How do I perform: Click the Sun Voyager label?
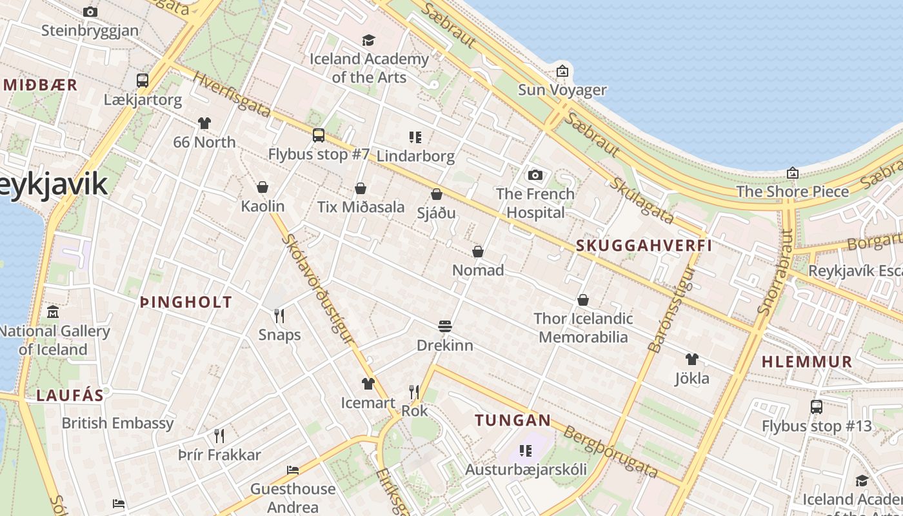(x=562, y=90)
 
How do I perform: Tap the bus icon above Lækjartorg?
(x=143, y=81)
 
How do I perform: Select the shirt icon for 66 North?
(x=204, y=123)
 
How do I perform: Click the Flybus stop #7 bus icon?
(x=319, y=135)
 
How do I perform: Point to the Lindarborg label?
(x=415, y=156)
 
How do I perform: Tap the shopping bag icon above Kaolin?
(x=263, y=187)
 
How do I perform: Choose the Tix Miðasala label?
(x=361, y=207)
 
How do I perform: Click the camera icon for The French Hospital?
(x=535, y=175)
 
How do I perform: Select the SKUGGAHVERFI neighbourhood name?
(x=644, y=245)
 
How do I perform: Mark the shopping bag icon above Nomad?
(x=478, y=251)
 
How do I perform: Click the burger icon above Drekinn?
(x=444, y=326)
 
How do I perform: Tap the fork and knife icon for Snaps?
(x=279, y=315)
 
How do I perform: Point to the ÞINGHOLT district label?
(x=186, y=302)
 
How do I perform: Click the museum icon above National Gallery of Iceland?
(x=53, y=313)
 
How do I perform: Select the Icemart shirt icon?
(x=368, y=384)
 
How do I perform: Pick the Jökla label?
(x=692, y=379)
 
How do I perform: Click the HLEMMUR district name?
(x=807, y=362)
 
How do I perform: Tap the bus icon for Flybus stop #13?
(x=817, y=407)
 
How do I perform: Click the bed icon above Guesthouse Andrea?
(x=293, y=470)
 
